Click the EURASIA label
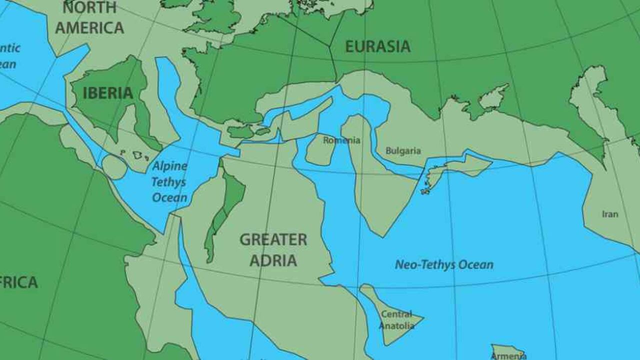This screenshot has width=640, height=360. [377, 46]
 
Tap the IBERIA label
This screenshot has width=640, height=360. [107, 93]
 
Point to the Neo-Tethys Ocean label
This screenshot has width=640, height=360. [444, 264]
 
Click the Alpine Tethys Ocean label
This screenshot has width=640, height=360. [169, 181]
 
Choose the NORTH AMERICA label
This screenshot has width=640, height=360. [89, 17]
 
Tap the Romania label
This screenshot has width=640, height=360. [341, 140]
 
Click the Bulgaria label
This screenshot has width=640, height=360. [403, 151]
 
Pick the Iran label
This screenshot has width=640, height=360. [610, 214]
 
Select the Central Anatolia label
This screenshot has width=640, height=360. [396, 320]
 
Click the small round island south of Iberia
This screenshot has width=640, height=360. [115, 167]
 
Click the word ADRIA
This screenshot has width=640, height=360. [273, 260]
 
